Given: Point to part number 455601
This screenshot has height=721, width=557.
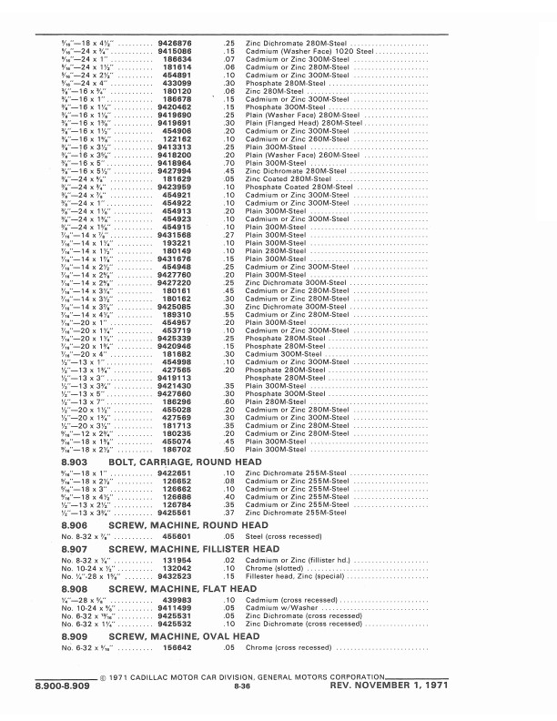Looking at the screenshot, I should pos(176,537).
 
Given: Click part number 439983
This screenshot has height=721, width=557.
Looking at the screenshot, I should pos(176,600).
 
